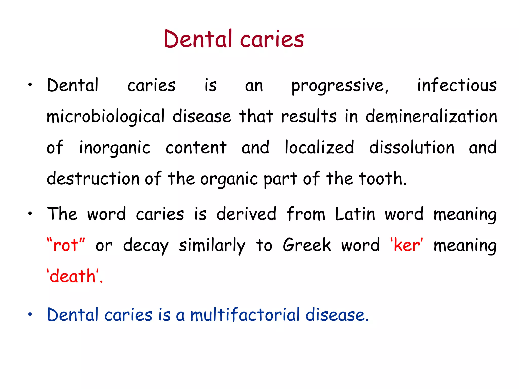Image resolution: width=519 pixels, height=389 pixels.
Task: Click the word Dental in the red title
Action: tap(198, 39)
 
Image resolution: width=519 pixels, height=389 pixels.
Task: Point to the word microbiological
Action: tap(105, 117)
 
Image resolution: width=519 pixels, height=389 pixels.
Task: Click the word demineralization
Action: tap(431, 116)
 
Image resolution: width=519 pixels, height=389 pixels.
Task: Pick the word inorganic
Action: tap(115, 148)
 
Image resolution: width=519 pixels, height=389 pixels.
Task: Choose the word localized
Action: tap(319, 147)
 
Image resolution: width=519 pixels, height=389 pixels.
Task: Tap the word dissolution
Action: tap(412, 147)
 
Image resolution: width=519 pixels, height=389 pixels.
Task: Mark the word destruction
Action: tap(93, 179)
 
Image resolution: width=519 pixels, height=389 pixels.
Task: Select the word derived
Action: tap(246, 214)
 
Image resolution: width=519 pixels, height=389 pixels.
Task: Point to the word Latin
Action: tap(355, 214)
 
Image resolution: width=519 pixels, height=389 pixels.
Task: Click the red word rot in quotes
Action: tap(66, 245)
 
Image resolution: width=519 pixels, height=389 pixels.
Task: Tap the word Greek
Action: tap(307, 245)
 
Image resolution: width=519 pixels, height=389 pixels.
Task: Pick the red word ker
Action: tap(406, 245)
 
